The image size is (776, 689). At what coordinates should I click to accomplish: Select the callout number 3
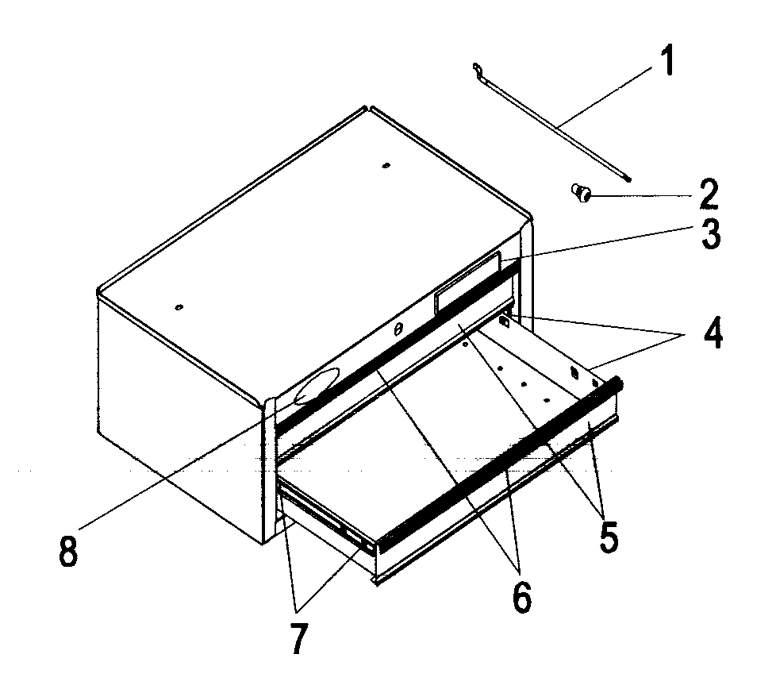point(709,235)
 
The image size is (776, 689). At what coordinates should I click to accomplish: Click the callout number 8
point(68,551)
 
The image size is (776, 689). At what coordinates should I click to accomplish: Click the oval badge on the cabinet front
point(316,387)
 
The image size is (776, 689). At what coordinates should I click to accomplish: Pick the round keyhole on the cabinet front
point(398,327)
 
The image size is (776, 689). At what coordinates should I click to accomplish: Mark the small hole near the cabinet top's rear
point(386,166)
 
